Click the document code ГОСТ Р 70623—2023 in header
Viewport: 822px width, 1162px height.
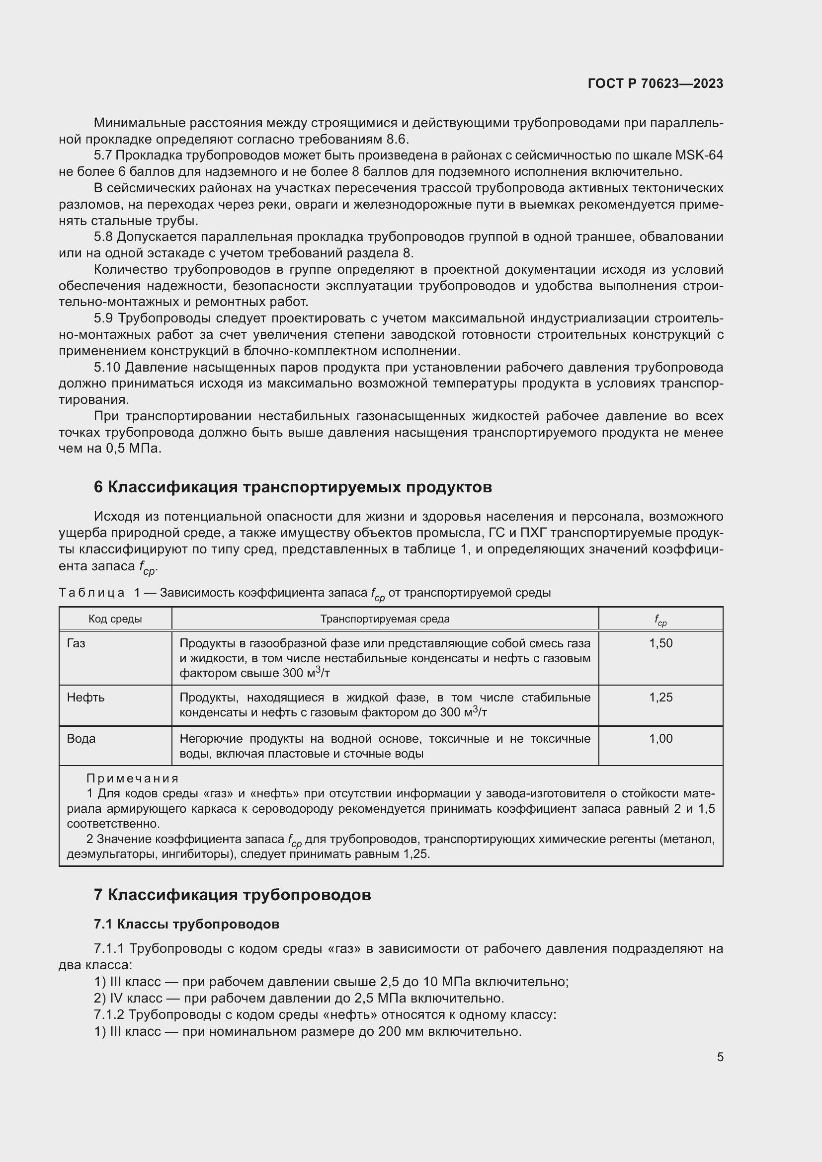656,83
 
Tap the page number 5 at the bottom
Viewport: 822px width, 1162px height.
720,1057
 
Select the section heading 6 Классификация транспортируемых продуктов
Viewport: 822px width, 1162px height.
293,487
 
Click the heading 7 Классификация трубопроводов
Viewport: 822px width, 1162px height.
232,895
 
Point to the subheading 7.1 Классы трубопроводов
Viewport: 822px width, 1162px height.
186,924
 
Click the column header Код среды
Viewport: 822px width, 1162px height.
115,619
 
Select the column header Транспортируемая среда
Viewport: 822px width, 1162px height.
385,619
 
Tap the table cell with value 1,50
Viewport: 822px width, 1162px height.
660,643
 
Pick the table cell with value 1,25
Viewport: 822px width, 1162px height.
660,697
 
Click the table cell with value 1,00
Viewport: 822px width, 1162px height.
660,738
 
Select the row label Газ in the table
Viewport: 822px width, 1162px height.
76,643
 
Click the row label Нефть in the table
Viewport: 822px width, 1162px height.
85,697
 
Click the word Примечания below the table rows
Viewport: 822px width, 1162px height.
133,778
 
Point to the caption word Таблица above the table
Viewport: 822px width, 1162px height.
91,593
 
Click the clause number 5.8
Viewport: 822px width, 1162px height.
104,237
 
